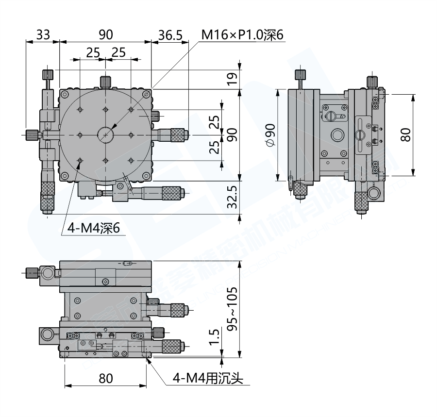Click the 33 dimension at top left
point(43,34)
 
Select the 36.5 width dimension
point(170,34)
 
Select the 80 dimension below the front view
point(105,378)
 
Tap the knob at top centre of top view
point(105,81)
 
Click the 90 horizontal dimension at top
point(105,34)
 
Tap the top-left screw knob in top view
point(48,75)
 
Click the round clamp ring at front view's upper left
point(47,274)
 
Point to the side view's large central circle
point(336,134)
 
